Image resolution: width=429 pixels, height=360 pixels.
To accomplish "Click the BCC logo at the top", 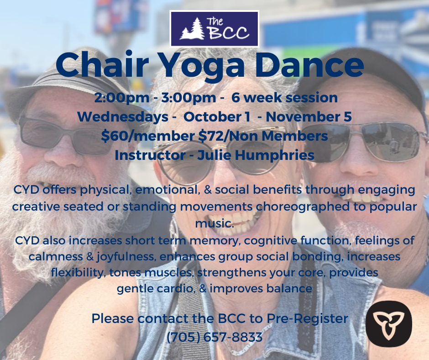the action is [x=214, y=29].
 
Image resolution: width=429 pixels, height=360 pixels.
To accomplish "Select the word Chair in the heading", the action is [x=102, y=64].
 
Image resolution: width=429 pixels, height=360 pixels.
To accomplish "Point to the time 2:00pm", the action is [x=122, y=98].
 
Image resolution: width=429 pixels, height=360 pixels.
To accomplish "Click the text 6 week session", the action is [x=284, y=97].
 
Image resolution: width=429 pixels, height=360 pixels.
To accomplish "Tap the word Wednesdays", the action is [x=123, y=117].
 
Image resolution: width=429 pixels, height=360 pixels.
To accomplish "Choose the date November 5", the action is [x=309, y=116].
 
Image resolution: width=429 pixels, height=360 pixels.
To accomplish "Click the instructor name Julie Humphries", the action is [x=256, y=155].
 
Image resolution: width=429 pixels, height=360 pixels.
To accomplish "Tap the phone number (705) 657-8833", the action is [x=214, y=337].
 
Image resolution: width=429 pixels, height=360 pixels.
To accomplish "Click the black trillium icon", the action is [x=388, y=324].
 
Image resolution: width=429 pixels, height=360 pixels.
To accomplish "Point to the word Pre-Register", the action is [x=307, y=319].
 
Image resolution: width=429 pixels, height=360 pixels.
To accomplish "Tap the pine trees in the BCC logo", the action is [x=192, y=29].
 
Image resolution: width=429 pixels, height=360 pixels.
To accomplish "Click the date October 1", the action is [x=217, y=116].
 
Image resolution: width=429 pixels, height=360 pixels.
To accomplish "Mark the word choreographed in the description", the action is [x=303, y=207].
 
